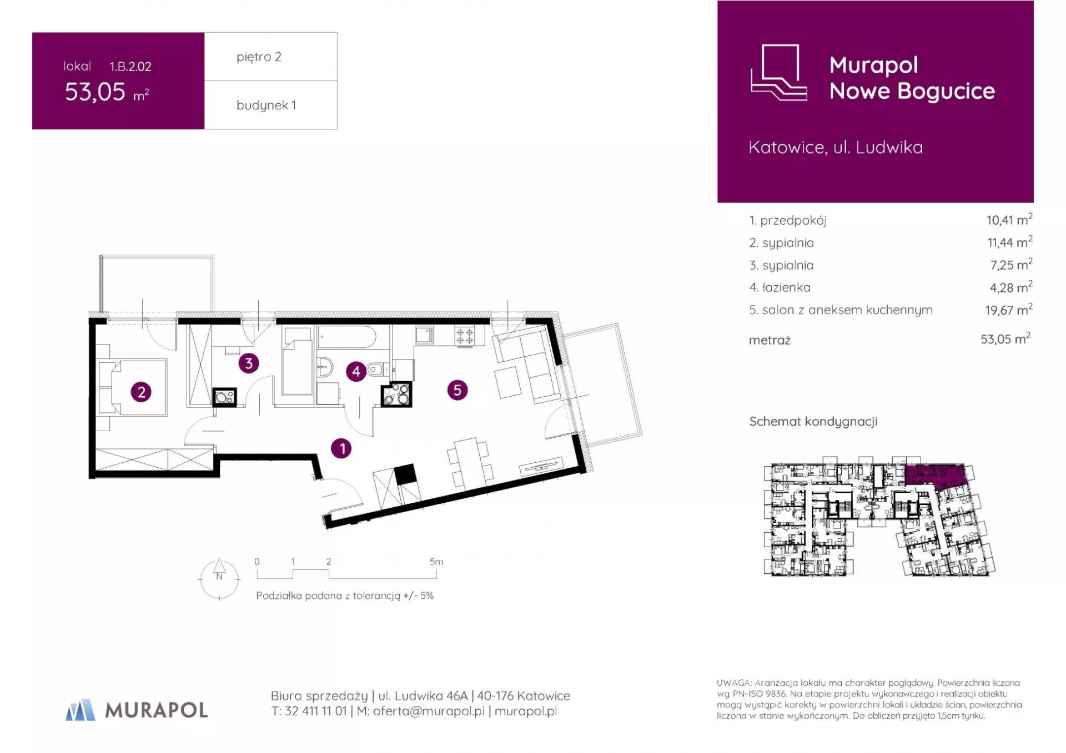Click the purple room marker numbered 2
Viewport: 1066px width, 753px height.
point(141,392)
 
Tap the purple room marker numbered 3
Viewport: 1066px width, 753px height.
point(249,363)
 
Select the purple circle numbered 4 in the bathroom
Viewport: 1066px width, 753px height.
point(356,372)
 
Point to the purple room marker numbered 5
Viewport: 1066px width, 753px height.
point(457,390)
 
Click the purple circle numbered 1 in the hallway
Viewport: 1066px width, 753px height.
point(341,448)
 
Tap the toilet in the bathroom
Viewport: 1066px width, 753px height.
point(378,369)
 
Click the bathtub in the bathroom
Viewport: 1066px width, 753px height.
point(347,337)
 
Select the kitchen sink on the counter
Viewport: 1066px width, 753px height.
point(425,335)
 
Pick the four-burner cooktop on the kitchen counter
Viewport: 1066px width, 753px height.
point(465,336)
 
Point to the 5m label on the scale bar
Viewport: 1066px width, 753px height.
point(436,562)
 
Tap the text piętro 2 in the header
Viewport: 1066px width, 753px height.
point(259,57)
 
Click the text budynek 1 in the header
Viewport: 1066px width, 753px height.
point(266,105)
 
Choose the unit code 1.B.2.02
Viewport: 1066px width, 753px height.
point(130,67)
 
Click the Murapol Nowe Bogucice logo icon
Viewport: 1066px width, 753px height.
point(778,73)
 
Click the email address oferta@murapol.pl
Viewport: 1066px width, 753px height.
point(429,711)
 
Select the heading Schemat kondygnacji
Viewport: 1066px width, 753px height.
point(813,422)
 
